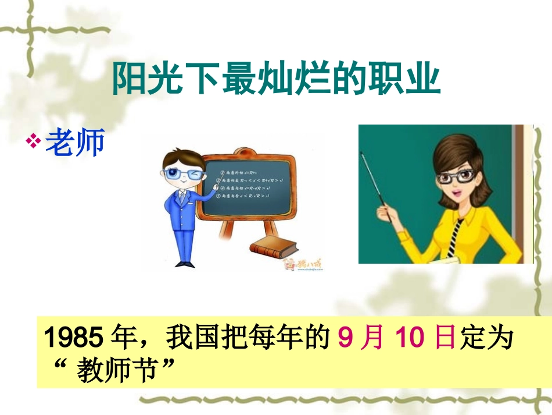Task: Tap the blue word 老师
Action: coord(75,142)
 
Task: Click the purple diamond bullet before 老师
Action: coord(34,141)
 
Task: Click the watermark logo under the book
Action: coord(302,265)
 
